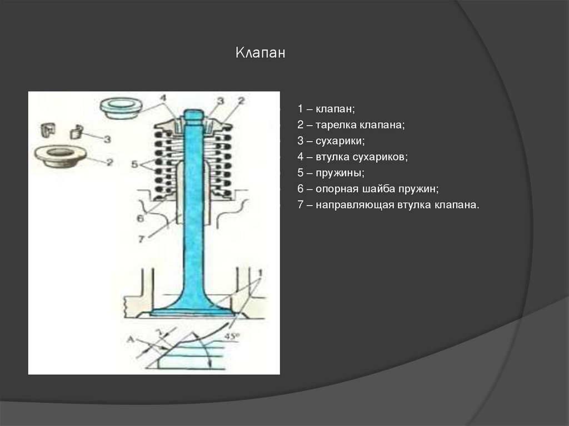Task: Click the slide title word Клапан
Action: [260, 53]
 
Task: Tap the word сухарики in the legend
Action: [341, 142]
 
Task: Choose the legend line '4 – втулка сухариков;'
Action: [352, 157]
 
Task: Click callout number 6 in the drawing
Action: [140, 218]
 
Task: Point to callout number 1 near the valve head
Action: [259, 273]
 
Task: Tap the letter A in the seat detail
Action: [129, 338]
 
